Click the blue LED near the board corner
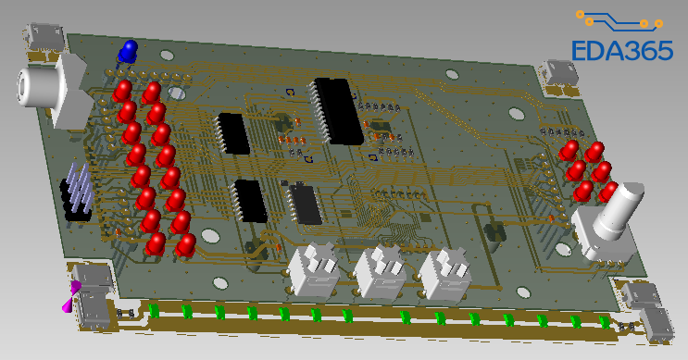tap(128, 50)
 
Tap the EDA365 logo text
tap(622, 50)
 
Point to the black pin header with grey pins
tap(78, 192)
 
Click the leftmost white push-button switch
tap(315, 268)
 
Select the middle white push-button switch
tap(380, 272)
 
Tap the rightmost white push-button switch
tap(444, 275)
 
